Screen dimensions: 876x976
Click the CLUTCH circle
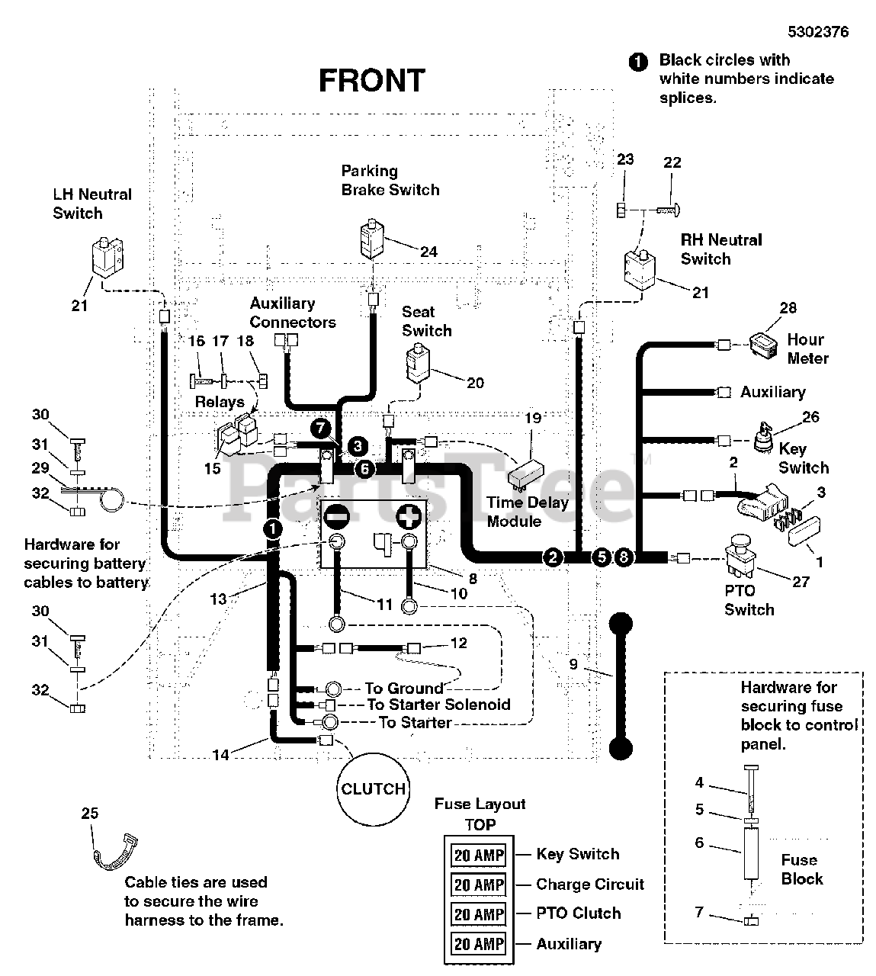coord(374,790)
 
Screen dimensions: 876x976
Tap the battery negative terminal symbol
coord(336,517)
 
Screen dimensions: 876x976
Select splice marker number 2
coord(553,557)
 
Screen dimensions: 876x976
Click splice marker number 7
coord(320,428)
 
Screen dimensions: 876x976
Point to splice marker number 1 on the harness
coord(273,529)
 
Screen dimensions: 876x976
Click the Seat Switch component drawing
coord(419,363)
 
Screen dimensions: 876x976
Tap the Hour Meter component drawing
coord(764,346)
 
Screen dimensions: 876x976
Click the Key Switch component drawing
coord(763,438)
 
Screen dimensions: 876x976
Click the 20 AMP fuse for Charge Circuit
coord(479,884)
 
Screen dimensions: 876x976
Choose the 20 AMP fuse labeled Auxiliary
coord(479,944)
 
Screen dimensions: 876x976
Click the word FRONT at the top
coord(372,81)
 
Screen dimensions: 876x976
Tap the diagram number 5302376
coord(818,32)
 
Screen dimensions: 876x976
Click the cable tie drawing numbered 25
coord(114,852)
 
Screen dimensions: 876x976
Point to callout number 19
coord(534,418)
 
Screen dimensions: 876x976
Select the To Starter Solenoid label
coord(438,705)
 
